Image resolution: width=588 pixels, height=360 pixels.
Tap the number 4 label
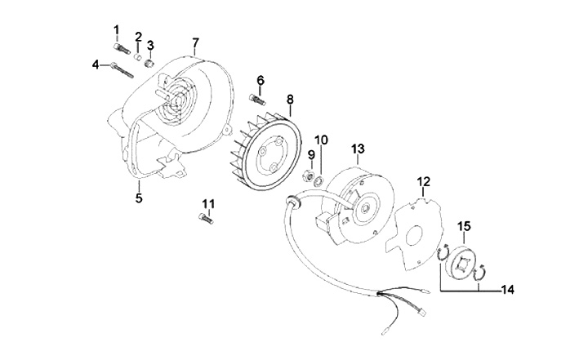click(96, 64)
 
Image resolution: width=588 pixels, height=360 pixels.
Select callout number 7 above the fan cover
click(195, 42)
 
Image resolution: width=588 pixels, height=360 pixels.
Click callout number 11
click(207, 203)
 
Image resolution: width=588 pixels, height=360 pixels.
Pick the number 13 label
click(357, 149)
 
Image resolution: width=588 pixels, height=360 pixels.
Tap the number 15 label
click(463, 225)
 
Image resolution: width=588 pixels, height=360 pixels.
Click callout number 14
click(509, 288)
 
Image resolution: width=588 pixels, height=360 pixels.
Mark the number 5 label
click(138, 197)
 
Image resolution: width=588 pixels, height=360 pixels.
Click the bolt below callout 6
click(256, 99)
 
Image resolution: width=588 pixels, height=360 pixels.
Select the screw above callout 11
click(206, 218)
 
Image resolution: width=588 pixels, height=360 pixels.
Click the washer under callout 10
click(323, 177)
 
